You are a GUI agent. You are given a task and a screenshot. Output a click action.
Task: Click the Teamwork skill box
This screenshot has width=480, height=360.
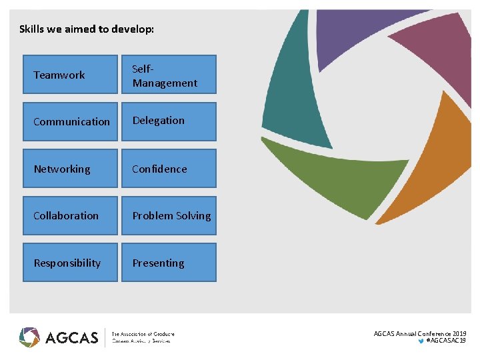click(70, 75)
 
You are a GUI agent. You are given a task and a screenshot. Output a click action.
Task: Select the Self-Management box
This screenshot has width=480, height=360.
click(169, 75)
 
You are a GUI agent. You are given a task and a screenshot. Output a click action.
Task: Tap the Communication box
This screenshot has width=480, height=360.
click(70, 121)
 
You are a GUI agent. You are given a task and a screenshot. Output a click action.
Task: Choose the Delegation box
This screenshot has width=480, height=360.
click(169, 121)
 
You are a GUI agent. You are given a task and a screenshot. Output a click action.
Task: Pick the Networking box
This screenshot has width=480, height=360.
click(70, 169)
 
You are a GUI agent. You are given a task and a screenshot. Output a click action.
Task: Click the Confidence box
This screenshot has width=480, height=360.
click(169, 169)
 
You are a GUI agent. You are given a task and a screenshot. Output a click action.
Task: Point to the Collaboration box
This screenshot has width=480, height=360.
click(70, 215)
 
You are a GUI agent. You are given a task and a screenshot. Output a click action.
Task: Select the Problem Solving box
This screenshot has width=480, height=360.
click(169, 215)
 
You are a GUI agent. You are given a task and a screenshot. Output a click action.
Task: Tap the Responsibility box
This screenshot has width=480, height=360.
click(70, 263)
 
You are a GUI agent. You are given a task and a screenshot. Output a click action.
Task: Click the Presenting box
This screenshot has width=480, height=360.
click(169, 263)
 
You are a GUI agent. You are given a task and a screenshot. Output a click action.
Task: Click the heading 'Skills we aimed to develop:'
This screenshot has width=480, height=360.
click(87, 29)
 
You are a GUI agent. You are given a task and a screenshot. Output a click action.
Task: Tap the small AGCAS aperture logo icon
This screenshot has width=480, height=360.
click(29, 337)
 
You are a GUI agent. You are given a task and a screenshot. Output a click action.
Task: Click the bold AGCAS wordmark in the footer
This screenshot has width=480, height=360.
click(71, 337)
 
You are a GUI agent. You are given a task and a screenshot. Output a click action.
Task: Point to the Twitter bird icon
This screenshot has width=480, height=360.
click(420, 341)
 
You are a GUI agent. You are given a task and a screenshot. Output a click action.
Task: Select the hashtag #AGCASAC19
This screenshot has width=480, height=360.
click(445, 341)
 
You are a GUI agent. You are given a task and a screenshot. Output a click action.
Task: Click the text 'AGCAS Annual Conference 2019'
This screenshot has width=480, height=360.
click(420, 333)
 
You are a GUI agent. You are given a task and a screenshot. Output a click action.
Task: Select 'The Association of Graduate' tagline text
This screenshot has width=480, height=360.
click(143, 333)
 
